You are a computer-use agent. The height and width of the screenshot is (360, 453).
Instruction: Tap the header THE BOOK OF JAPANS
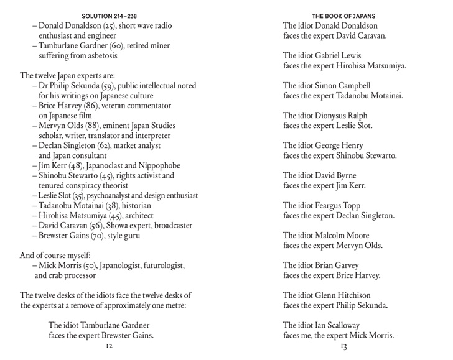click(x=343, y=16)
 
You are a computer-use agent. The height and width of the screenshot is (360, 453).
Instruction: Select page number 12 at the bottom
click(x=110, y=346)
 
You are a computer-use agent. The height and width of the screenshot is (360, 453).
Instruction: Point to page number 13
click(x=343, y=346)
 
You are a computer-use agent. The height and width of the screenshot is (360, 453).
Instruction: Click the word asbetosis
click(x=100, y=56)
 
